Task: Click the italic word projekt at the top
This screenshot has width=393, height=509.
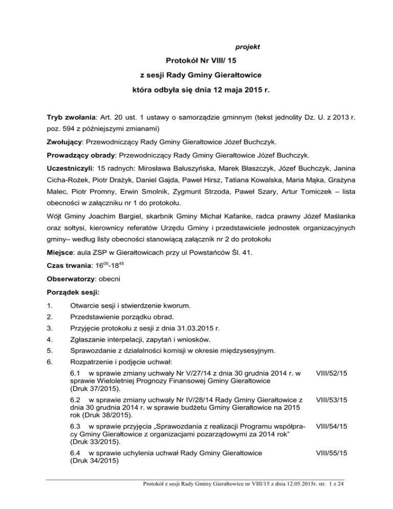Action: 248,47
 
